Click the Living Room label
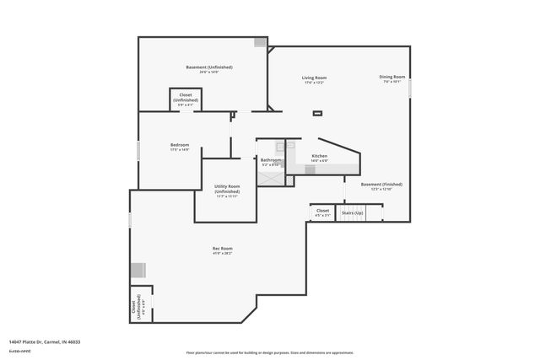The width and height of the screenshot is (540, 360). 314,78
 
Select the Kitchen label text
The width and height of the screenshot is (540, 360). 320,156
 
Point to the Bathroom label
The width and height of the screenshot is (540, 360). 271,159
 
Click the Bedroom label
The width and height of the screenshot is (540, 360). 180,145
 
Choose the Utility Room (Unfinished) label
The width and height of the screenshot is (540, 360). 227,189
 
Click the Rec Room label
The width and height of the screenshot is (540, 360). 222,249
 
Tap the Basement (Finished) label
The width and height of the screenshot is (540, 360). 381,184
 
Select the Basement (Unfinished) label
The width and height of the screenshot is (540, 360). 209,67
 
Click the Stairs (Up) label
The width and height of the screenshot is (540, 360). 352,213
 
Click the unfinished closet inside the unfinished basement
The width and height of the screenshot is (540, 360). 186,99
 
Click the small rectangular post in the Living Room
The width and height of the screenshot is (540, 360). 317,112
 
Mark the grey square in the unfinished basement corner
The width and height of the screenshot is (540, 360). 261,42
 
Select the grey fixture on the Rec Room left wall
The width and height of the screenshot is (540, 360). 138,271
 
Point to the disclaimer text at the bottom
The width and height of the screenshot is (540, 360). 270,352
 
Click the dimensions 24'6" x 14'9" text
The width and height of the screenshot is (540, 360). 209,73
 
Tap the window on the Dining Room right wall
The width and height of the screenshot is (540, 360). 410,88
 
